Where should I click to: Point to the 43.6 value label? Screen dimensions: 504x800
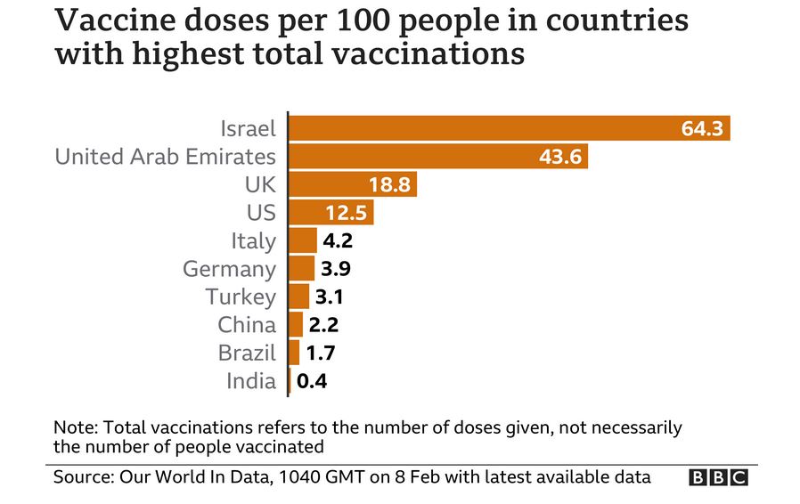click(560, 157)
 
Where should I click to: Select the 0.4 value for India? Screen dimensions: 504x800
click(312, 381)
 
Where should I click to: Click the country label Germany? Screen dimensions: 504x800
click(229, 269)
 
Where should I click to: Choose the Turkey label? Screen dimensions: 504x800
click(241, 297)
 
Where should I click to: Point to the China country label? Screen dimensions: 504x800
click(247, 325)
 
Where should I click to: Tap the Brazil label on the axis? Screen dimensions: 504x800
click(247, 353)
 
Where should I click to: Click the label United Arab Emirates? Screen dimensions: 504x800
click(165, 157)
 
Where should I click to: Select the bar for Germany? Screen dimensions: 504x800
click(302, 269)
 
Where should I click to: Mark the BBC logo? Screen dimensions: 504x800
click(718, 478)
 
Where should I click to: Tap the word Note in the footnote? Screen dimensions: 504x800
click(74, 427)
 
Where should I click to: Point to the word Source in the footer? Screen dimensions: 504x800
click(83, 477)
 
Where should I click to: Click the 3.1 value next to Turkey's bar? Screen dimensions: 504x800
click(331, 297)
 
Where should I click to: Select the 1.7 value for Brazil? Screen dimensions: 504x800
click(321, 353)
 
